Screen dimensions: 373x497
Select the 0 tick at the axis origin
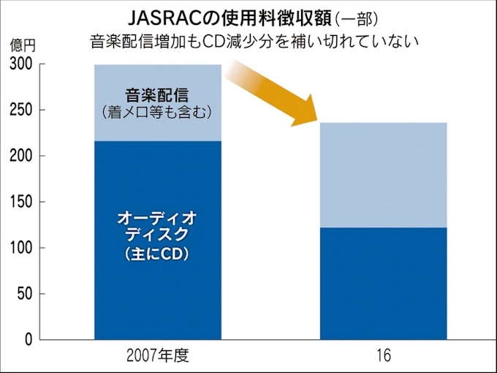29,340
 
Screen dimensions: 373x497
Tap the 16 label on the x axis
384,356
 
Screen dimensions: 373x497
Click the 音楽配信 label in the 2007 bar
157,94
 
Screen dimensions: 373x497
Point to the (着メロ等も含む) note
157,112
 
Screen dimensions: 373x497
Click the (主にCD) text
157,255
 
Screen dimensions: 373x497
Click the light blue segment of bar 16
384,175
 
